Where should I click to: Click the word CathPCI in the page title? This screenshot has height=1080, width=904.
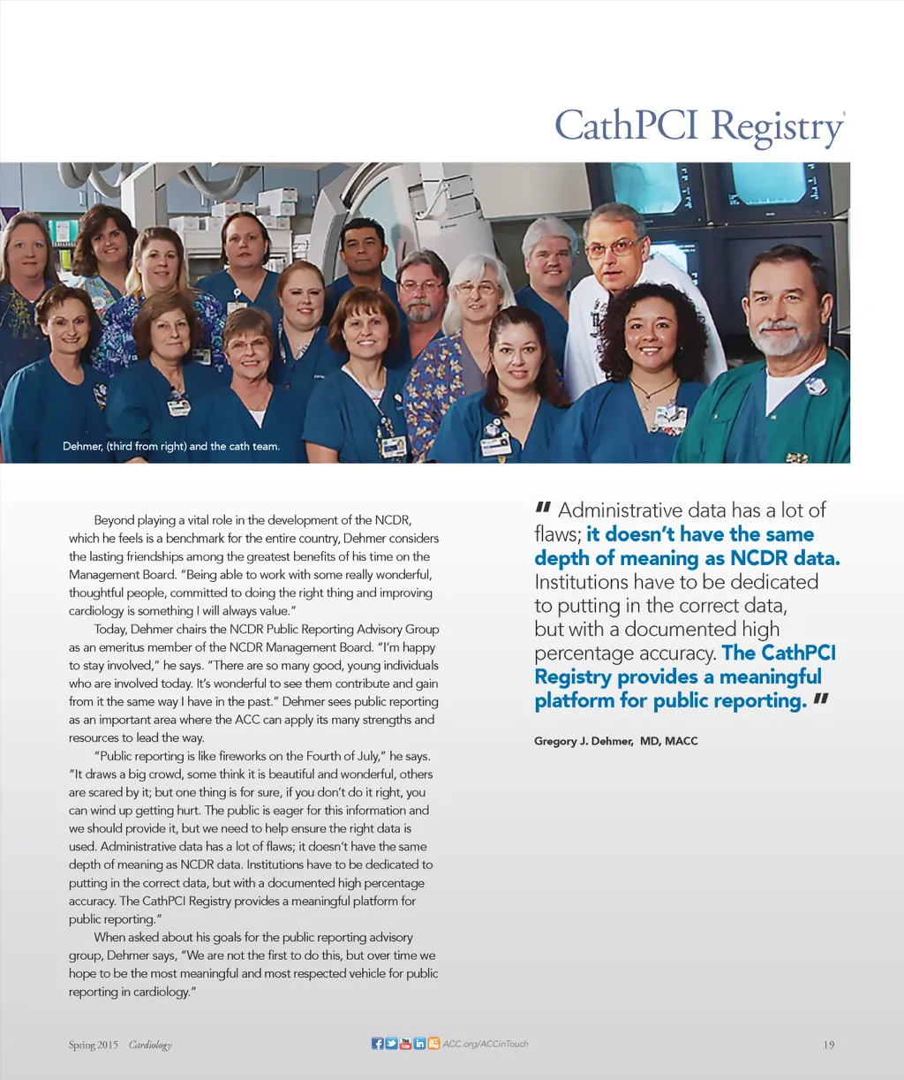tap(629, 125)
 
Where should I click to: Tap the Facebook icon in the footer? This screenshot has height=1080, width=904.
tap(378, 1044)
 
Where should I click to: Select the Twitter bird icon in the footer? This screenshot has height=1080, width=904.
tap(392, 1044)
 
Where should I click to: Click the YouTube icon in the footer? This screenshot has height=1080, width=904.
tap(405, 1044)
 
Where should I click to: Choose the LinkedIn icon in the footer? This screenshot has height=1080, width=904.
tap(419, 1044)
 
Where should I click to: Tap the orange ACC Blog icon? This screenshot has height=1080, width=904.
tap(433, 1044)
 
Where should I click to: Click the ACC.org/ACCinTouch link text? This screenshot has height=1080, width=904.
tap(486, 1044)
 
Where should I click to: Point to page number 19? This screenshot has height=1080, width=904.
tap(828, 1045)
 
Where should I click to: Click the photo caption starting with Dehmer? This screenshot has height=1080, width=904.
tap(170, 446)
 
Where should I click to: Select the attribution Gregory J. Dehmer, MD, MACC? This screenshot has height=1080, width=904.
tap(615, 741)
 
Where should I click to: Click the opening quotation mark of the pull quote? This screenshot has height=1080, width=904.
tap(543, 508)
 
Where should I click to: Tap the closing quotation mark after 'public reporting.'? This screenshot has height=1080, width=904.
tap(822, 700)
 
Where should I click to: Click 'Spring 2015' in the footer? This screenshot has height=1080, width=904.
tap(93, 1045)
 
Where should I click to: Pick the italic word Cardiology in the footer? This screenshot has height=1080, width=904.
tap(150, 1045)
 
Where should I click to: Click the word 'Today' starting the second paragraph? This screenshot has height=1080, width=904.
tap(109, 630)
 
